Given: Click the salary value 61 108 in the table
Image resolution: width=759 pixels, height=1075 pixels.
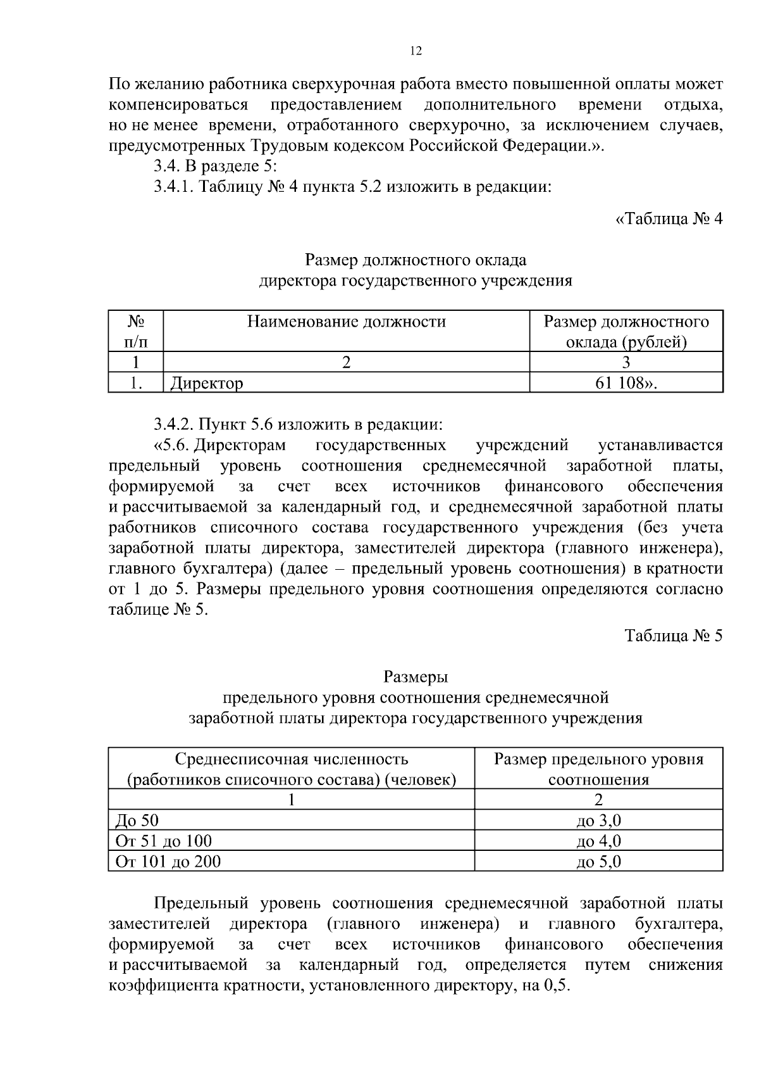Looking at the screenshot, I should tap(626, 383).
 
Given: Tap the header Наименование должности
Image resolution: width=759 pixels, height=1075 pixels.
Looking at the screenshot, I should tap(346, 322).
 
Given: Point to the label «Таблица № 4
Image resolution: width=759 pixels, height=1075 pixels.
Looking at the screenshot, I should tap(669, 219).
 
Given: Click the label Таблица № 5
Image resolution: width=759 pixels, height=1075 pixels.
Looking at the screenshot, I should tap(673, 636).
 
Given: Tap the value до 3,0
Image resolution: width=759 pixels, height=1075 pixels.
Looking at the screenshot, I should tap(598, 821).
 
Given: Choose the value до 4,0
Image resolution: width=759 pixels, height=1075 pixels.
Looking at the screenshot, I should tap(598, 841).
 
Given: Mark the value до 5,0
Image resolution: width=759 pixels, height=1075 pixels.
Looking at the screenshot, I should tap(598, 862).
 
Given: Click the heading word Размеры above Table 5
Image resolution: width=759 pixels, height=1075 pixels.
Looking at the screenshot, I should tap(416, 677).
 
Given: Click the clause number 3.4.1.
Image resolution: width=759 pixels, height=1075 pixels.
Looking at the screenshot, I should tap(175, 187).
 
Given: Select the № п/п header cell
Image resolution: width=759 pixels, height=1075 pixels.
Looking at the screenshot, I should tap(135, 332).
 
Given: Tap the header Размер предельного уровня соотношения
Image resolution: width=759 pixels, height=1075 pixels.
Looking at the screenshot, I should tap(598, 769).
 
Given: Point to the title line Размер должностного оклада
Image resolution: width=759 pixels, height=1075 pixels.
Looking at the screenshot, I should tap(416, 260).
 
